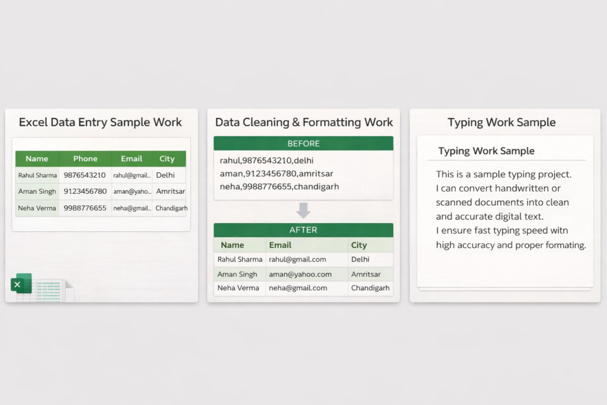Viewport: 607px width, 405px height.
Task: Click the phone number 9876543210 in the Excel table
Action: tap(84, 175)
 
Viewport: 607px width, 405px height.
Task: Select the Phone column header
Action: tap(85, 159)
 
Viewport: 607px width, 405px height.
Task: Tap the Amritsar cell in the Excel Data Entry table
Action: tap(170, 192)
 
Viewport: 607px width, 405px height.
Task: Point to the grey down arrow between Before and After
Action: tap(303, 211)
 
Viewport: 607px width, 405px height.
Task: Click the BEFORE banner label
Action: tap(303, 143)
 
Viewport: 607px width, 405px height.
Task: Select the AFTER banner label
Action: tap(303, 230)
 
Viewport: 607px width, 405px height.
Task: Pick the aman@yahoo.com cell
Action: tap(300, 274)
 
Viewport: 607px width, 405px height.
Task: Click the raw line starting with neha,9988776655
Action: tap(279, 187)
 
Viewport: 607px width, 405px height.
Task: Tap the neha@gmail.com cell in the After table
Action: tap(298, 288)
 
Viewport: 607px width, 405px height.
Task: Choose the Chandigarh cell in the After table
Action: tap(370, 288)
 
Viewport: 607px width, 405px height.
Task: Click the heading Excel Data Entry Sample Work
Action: tap(100, 122)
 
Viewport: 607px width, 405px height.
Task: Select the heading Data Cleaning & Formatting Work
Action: tap(304, 122)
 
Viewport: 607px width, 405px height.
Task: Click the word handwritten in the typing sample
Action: tap(517, 188)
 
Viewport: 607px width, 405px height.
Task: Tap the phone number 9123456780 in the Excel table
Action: tap(85, 192)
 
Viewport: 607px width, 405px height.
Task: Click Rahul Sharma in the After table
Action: tap(239, 259)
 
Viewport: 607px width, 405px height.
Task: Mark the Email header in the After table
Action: tap(280, 245)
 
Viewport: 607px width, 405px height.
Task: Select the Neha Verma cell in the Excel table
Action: tap(37, 208)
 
